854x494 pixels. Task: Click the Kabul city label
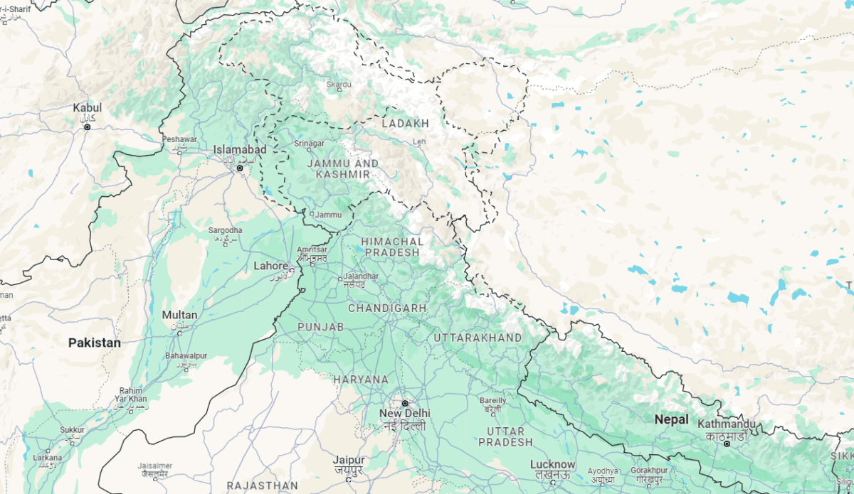[x=88, y=108]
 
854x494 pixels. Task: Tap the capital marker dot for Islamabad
[x=240, y=168]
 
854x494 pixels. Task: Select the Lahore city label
[x=271, y=267]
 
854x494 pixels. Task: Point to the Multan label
[x=179, y=315]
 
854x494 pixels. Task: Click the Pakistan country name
[x=95, y=343]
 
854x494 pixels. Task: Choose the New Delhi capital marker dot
[x=405, y=403]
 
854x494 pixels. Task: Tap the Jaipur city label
[x=349, y=461]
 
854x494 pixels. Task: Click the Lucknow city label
[x=552, y=465]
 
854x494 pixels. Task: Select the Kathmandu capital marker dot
[x=727, y=444]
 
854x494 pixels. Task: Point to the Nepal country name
[x=671, y=419]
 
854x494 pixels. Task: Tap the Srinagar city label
[x=309, y=144]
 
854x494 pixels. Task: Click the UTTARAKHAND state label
[x=478, y=338]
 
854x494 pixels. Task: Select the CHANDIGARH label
[x=387, y=308]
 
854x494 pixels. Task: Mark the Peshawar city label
[x=179, y=140]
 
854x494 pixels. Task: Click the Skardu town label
[x=339, y=85]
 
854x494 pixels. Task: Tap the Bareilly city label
[x=493, y=401]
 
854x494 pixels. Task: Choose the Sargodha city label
[x=225, y=230]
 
